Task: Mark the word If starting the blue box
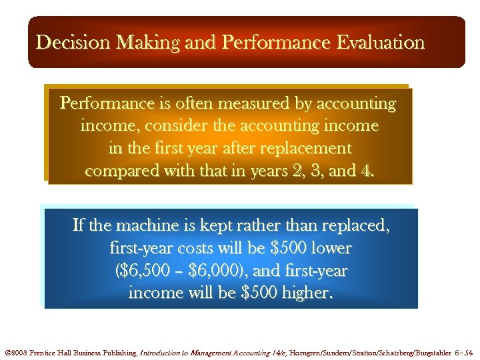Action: point(79,226)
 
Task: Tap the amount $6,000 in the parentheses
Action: point(209,271)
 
